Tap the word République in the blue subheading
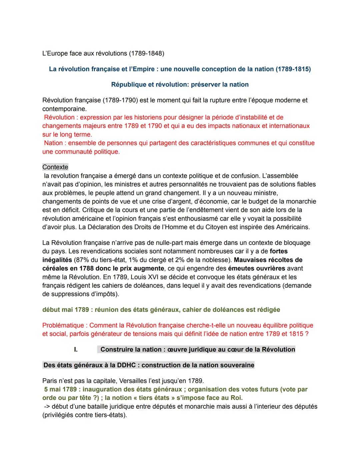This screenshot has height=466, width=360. click(x=128, y=84)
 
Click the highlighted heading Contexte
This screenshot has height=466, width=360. click(x=55, y=167)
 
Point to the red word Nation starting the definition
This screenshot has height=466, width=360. click(x=53, y=143)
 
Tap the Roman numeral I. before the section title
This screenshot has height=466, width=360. click(x=76, y=350)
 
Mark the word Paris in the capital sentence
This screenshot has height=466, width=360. click(x=50, y=381)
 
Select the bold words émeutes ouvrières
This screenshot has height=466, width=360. click(x=256, y=269)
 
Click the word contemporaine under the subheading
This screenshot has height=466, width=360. click(x=64, y=109)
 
